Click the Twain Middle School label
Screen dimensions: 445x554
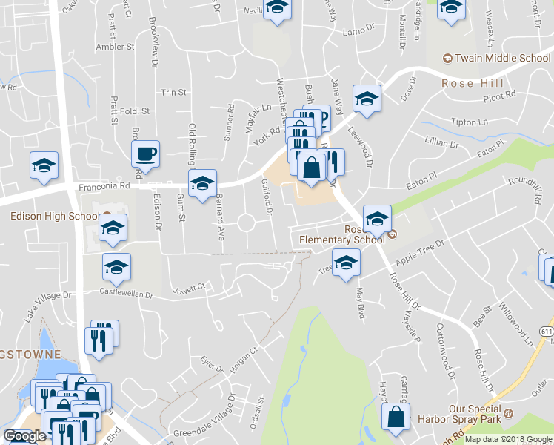point(502,59)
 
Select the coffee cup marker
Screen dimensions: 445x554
point(145,154)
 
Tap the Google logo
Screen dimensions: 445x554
point(24,436)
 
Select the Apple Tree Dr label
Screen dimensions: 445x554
point(419,254)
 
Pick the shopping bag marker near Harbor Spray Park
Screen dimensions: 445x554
point(396,418)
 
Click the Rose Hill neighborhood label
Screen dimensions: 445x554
point(472,83)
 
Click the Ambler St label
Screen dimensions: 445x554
point(115,46)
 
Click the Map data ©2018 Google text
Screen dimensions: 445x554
point(508,439)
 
